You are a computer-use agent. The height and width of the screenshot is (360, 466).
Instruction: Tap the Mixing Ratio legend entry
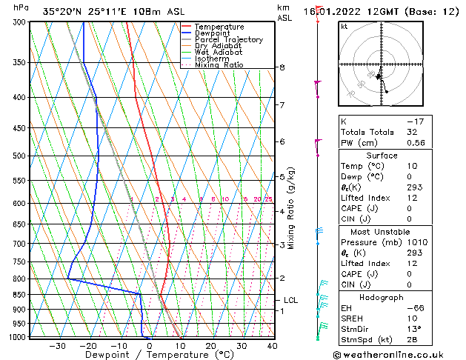[x=219, y=65]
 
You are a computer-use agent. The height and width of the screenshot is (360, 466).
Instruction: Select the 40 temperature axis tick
[x=272, y=346]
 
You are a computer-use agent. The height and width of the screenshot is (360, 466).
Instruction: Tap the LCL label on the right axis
[x=291, y=300]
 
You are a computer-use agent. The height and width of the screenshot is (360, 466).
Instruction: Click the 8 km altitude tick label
[x=282, y=67]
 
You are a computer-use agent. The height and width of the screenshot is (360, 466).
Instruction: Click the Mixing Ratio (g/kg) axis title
[x=291, y=208]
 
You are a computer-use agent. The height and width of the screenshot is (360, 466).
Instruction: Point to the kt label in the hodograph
[x=344, y=26]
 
